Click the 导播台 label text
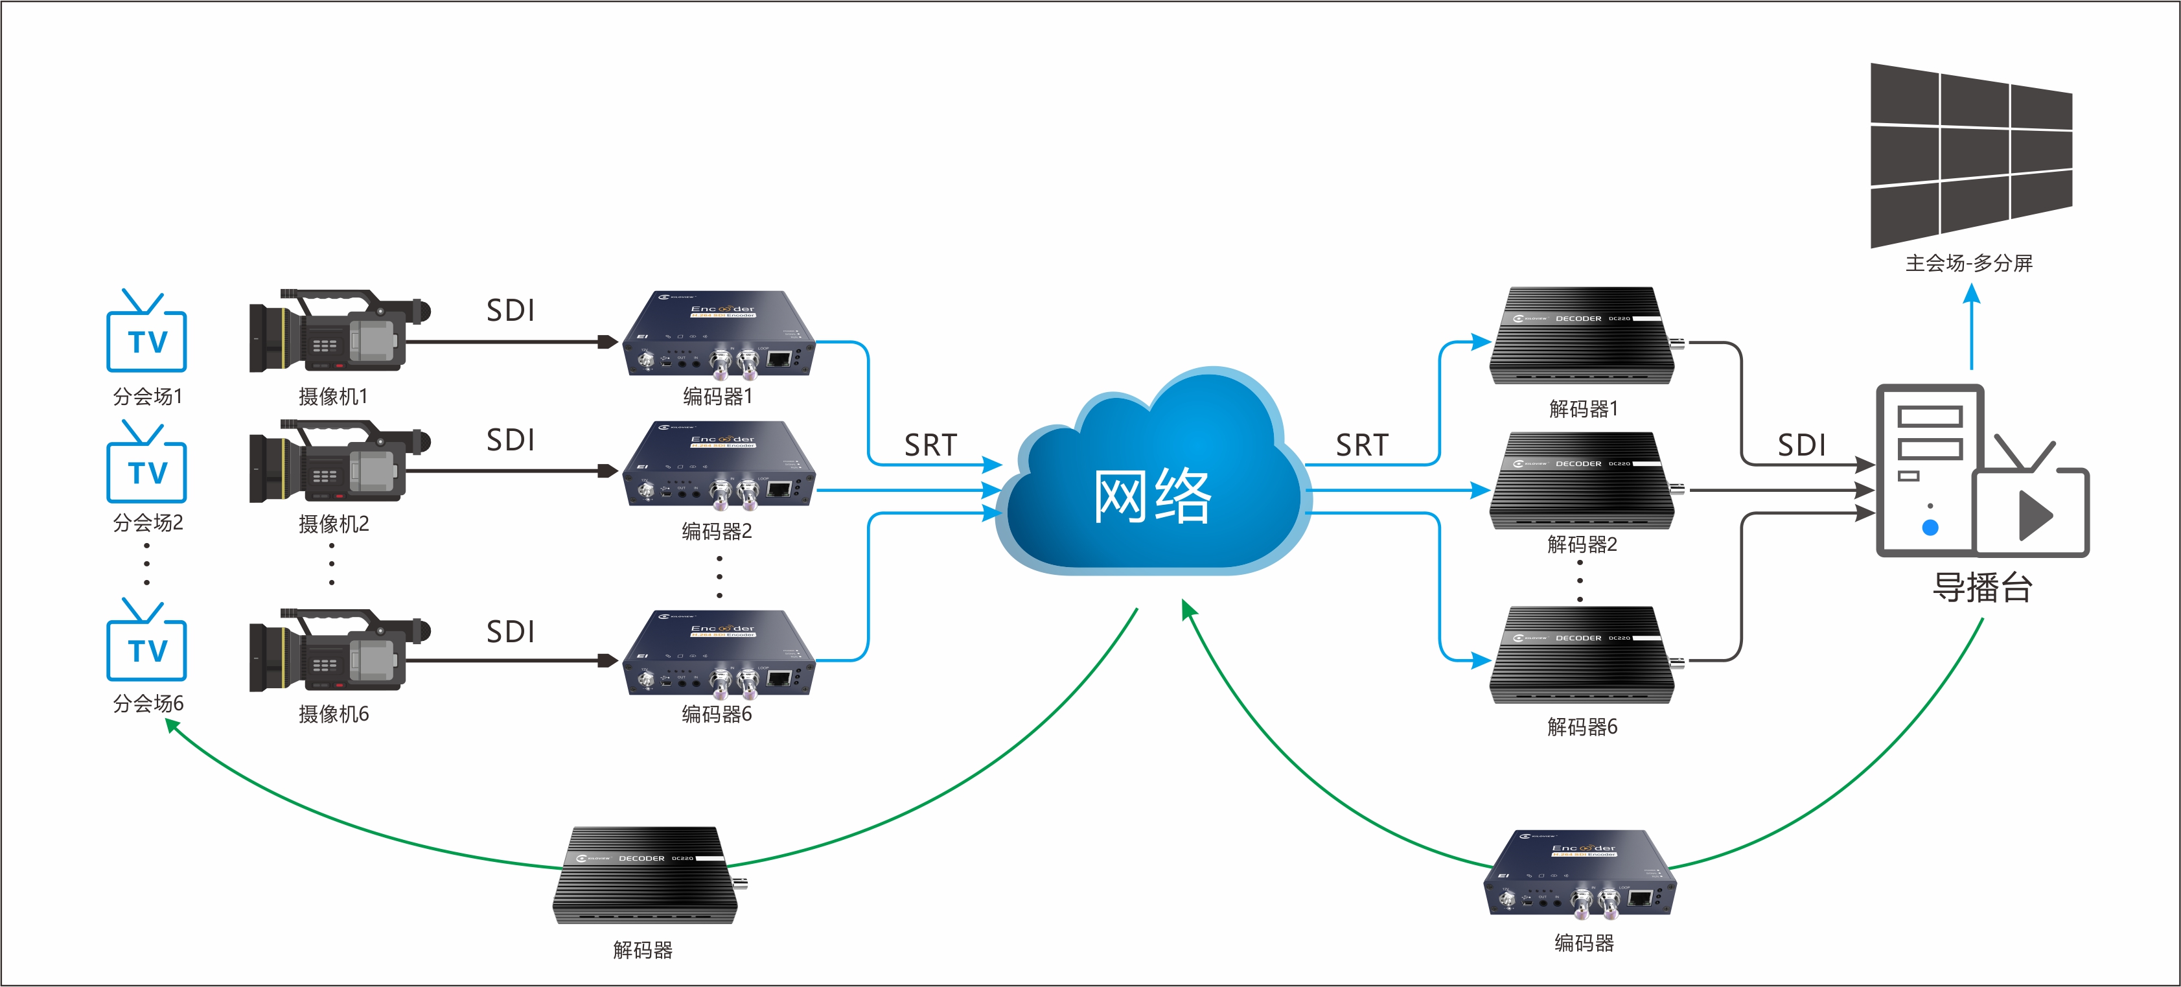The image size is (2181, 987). (x=1982, y=587)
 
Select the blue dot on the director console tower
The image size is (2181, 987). (x=1930, y=528)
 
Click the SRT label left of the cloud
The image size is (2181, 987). (x=930, y=445)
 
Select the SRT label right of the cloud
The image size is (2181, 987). (x=1362, y=445)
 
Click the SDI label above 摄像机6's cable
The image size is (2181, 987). (x=511, y=631)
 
